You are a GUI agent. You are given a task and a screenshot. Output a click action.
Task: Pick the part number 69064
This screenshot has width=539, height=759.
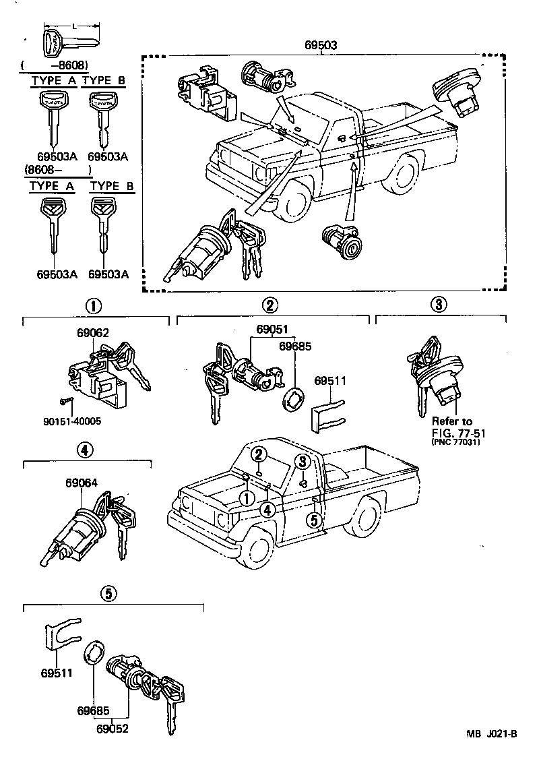(82, 483)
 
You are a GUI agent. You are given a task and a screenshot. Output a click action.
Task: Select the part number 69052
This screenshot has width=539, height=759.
(113, 728)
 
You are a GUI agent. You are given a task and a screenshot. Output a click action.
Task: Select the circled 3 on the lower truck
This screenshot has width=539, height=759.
(303, 462)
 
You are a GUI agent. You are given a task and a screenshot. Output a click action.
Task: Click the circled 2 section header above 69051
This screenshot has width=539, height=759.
(269, 305)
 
